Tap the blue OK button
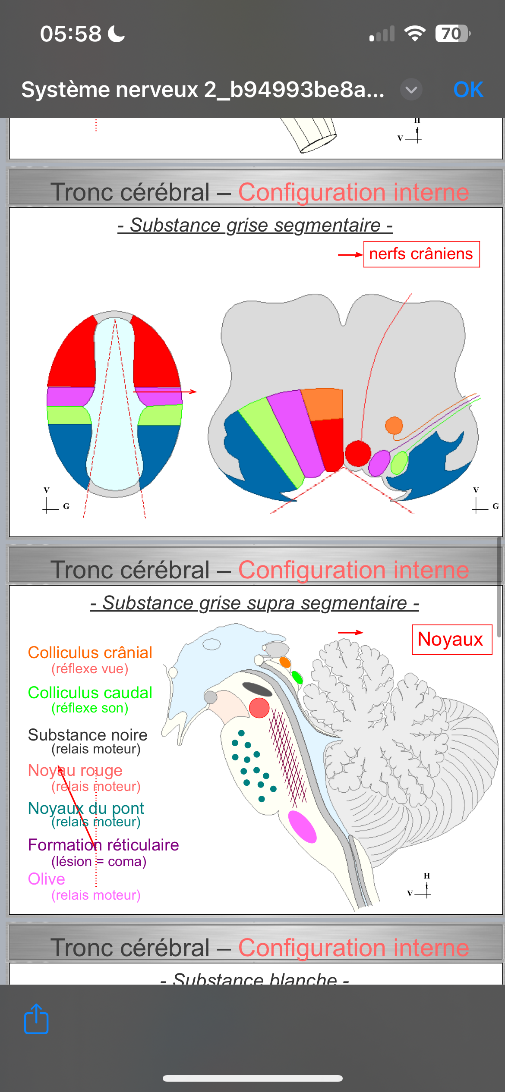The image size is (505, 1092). click(x=468, y=90)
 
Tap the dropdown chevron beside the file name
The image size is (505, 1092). click(x=411, y=90)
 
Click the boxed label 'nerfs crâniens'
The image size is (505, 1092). click(x=421, y=254)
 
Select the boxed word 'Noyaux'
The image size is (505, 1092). click(x=451, y=639)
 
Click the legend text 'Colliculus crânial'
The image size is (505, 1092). click(x=90, y=653)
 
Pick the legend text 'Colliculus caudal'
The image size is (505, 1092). click(x=90, y=693)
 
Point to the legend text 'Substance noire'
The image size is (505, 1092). click(x=88, y=735)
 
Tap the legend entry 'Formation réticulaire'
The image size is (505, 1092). click(x=103, y=845)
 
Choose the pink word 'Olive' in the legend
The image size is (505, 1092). click(x=46, y=879)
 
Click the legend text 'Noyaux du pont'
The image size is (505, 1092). click(x=86, y=808)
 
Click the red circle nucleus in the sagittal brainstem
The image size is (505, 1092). click(x=259, y=708)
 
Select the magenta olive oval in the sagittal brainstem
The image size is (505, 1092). click(x=302, y=826)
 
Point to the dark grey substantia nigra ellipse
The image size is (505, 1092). click(x=257, y=689)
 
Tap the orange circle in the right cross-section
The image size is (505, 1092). click(x=394, y=426)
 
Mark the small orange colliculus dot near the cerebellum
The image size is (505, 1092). click(x=285, y=662)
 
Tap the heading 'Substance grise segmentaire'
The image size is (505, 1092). click(x=255, y=225)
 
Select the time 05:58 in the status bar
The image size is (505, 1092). click(x=71, y=34)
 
